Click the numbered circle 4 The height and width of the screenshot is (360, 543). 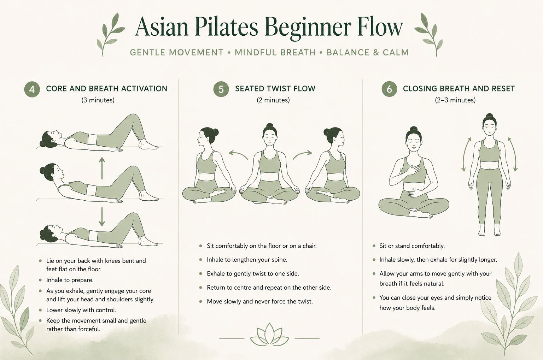(x=32, y=89)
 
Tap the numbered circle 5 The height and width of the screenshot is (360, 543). (x=221, y=89)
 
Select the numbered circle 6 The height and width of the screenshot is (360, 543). (x=389, y=89)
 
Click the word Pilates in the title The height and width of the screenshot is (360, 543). (x=226, y=27)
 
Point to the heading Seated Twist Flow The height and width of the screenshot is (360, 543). (x=275, y=89)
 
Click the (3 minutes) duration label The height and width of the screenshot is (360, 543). (x=98, y=100)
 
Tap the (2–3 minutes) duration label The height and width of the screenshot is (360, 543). (x=455, y=100)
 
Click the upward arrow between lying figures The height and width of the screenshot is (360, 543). (x=102, y=168)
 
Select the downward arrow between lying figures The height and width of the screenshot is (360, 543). (x=102, y=217)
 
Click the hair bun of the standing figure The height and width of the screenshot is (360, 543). (x=489, y=116)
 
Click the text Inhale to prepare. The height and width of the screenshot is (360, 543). (x=70, y=280)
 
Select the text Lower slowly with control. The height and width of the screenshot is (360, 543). (x=81, y=310)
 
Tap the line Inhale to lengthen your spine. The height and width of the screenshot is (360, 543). (x=247, y=260)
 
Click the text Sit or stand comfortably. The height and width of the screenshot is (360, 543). (x=412, y=246)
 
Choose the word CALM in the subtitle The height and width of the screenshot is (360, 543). (x=396, y=52)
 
